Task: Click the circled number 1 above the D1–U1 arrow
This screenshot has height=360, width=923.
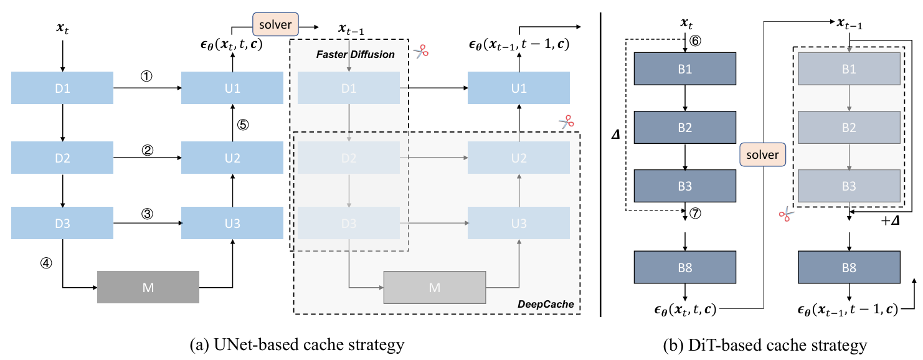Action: click(x=146, y=76)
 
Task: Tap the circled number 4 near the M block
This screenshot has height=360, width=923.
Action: click(x=46, y=263)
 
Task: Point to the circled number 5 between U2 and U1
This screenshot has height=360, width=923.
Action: click(x=243, y=125)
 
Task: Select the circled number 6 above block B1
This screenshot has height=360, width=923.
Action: click(x=695, y=40)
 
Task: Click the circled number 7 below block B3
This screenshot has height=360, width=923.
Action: click(x=695, y=213)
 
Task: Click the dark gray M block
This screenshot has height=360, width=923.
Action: click(x=148, y=287)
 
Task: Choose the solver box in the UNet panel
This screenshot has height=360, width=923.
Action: click(x=275, y=24)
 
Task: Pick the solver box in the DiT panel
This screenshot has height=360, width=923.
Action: click(x=762, y=154)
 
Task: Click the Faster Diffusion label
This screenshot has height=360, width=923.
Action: click(x=355, y=54)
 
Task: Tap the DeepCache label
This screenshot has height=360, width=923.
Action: click(x=546, y=304)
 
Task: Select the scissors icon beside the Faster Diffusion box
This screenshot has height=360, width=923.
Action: click(x=421, y=52)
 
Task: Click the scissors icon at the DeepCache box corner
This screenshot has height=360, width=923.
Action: click(x=567, y=122)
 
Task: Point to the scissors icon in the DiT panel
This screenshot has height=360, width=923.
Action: click(x=786, y=214)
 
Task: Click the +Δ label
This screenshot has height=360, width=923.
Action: click(x=890, y=221)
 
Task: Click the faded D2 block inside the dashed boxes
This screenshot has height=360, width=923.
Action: click(x=349, y=158)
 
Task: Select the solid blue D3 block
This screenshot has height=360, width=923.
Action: click(x=62, y=223)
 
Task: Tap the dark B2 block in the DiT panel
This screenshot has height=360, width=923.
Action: click(x=685, y=127)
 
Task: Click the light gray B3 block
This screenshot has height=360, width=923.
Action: click(x=849, y=186)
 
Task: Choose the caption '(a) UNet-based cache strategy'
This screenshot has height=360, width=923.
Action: click(x=297, y=345)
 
